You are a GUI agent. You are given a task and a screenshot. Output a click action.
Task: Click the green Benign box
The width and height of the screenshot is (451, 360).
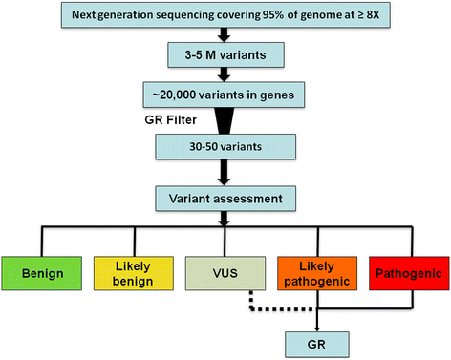(x=42, y=273)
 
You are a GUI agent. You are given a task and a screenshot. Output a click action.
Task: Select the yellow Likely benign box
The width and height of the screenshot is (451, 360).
(x=134, y=273)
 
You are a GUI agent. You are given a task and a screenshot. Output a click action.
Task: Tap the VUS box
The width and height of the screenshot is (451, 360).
(x=225, y=273)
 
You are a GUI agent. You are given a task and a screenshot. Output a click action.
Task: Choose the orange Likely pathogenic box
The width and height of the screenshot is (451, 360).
(x=317, y=273)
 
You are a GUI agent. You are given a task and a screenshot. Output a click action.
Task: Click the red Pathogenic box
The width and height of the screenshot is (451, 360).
(x=409, y=273)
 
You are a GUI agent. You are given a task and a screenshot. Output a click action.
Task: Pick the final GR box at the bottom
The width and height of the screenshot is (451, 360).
(x=317, y=345)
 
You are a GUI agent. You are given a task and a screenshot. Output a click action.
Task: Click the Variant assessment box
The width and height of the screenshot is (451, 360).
(x=225, y=199)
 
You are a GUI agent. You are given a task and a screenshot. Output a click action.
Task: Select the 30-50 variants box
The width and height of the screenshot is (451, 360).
(x=225, y=147)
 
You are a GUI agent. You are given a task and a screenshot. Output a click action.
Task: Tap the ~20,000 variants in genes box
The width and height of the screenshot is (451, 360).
(x=224, y=95)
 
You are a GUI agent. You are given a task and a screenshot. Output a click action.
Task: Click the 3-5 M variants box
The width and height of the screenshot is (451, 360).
(x=225, y=55)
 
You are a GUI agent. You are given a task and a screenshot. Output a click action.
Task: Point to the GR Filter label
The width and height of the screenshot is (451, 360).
(x=170, y=120)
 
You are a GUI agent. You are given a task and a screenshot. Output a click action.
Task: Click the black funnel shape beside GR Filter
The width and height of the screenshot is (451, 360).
(x=225, y=120)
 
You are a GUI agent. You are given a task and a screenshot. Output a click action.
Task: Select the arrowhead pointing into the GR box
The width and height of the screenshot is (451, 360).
(x=317, y=328)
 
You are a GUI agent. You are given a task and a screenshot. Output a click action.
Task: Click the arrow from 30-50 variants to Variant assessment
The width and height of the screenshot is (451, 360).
(x=225, y=173)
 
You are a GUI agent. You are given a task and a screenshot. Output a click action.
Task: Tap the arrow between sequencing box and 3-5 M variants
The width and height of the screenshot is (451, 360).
(x=225, y=35)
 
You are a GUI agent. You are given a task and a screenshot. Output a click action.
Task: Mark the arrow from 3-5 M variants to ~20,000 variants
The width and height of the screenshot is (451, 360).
(x=225, y=74)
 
